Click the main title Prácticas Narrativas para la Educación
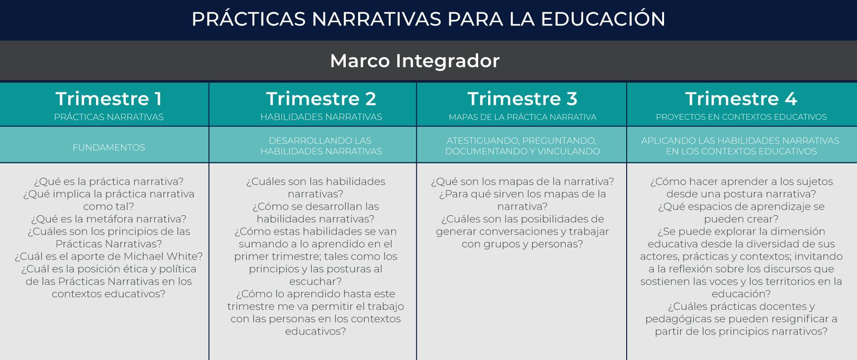428,19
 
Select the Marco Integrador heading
415,61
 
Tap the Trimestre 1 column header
109,99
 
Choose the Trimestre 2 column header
321,99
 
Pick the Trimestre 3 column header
523,99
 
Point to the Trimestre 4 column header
741,99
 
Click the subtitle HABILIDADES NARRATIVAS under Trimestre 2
321,117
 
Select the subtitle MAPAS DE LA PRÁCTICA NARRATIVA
523,117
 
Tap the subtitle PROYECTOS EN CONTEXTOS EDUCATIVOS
741,117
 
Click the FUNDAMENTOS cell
109,148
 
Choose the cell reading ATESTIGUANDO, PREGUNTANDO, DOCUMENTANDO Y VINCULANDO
523,146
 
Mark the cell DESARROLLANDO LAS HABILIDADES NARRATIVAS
321,146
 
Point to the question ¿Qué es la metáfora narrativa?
109,219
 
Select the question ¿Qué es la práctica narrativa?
109,182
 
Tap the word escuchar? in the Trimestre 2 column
315,281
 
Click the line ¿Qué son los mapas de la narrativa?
523,182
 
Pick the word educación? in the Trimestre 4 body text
741,294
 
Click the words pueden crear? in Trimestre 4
741,219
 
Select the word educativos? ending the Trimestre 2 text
315,331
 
